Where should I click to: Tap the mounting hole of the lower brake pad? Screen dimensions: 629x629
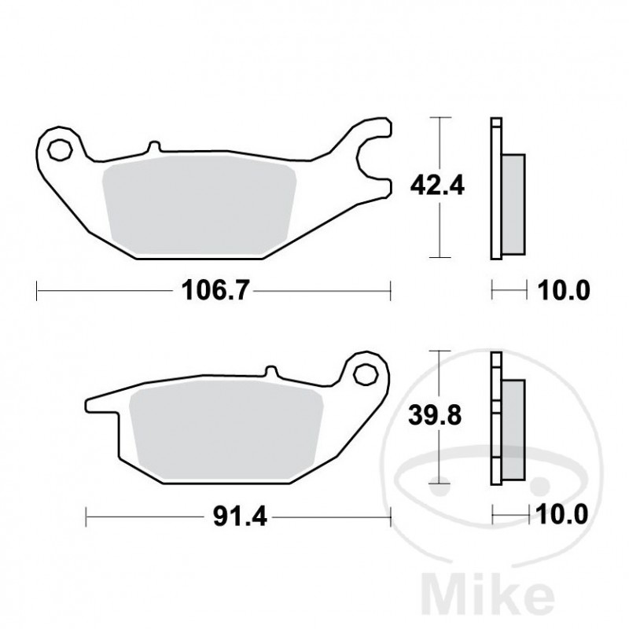pos(364,374)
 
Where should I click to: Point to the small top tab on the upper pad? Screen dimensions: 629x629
pos(153,147)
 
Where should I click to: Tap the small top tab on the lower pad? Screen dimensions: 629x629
pos(271,371)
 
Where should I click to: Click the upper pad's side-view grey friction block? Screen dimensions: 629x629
pos(513,202)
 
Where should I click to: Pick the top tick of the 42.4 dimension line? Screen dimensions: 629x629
pos(440,118)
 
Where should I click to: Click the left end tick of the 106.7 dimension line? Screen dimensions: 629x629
pos(37,292)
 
